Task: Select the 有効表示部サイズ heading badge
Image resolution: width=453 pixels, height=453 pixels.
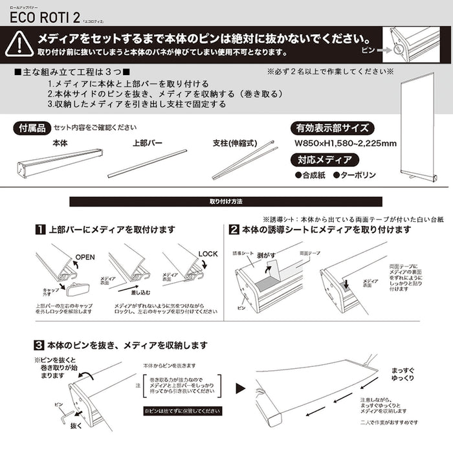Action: [x=332, y=127]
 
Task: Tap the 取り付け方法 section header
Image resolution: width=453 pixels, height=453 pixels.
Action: [x=226, y=202]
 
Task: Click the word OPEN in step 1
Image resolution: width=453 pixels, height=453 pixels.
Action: [x=85, y=257]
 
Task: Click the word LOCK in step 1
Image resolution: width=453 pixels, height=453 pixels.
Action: [x=208, y=254]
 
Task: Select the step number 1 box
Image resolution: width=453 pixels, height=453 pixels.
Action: [x=40, y=230]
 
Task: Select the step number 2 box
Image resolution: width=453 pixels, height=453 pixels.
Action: [x=234, y=230]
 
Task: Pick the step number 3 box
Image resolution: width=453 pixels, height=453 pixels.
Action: [x=39, y=345]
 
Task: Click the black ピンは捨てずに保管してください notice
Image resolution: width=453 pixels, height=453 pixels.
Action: [x=182, y=411]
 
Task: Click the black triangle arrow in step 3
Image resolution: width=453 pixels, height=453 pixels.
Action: [x=240, y=389]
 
